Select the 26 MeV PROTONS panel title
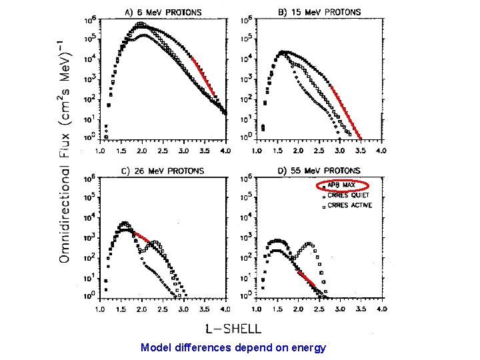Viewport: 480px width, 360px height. click(x=163, y=171)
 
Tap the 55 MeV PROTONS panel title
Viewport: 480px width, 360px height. click(x=319, y=171)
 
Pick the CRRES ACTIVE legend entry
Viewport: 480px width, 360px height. click(x=348, y=205)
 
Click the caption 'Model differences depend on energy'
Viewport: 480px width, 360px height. click(x=233, y=347)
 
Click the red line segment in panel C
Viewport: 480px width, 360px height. click(x=142, y=237)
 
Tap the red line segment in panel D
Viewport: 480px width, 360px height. click(x=306, y=279)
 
